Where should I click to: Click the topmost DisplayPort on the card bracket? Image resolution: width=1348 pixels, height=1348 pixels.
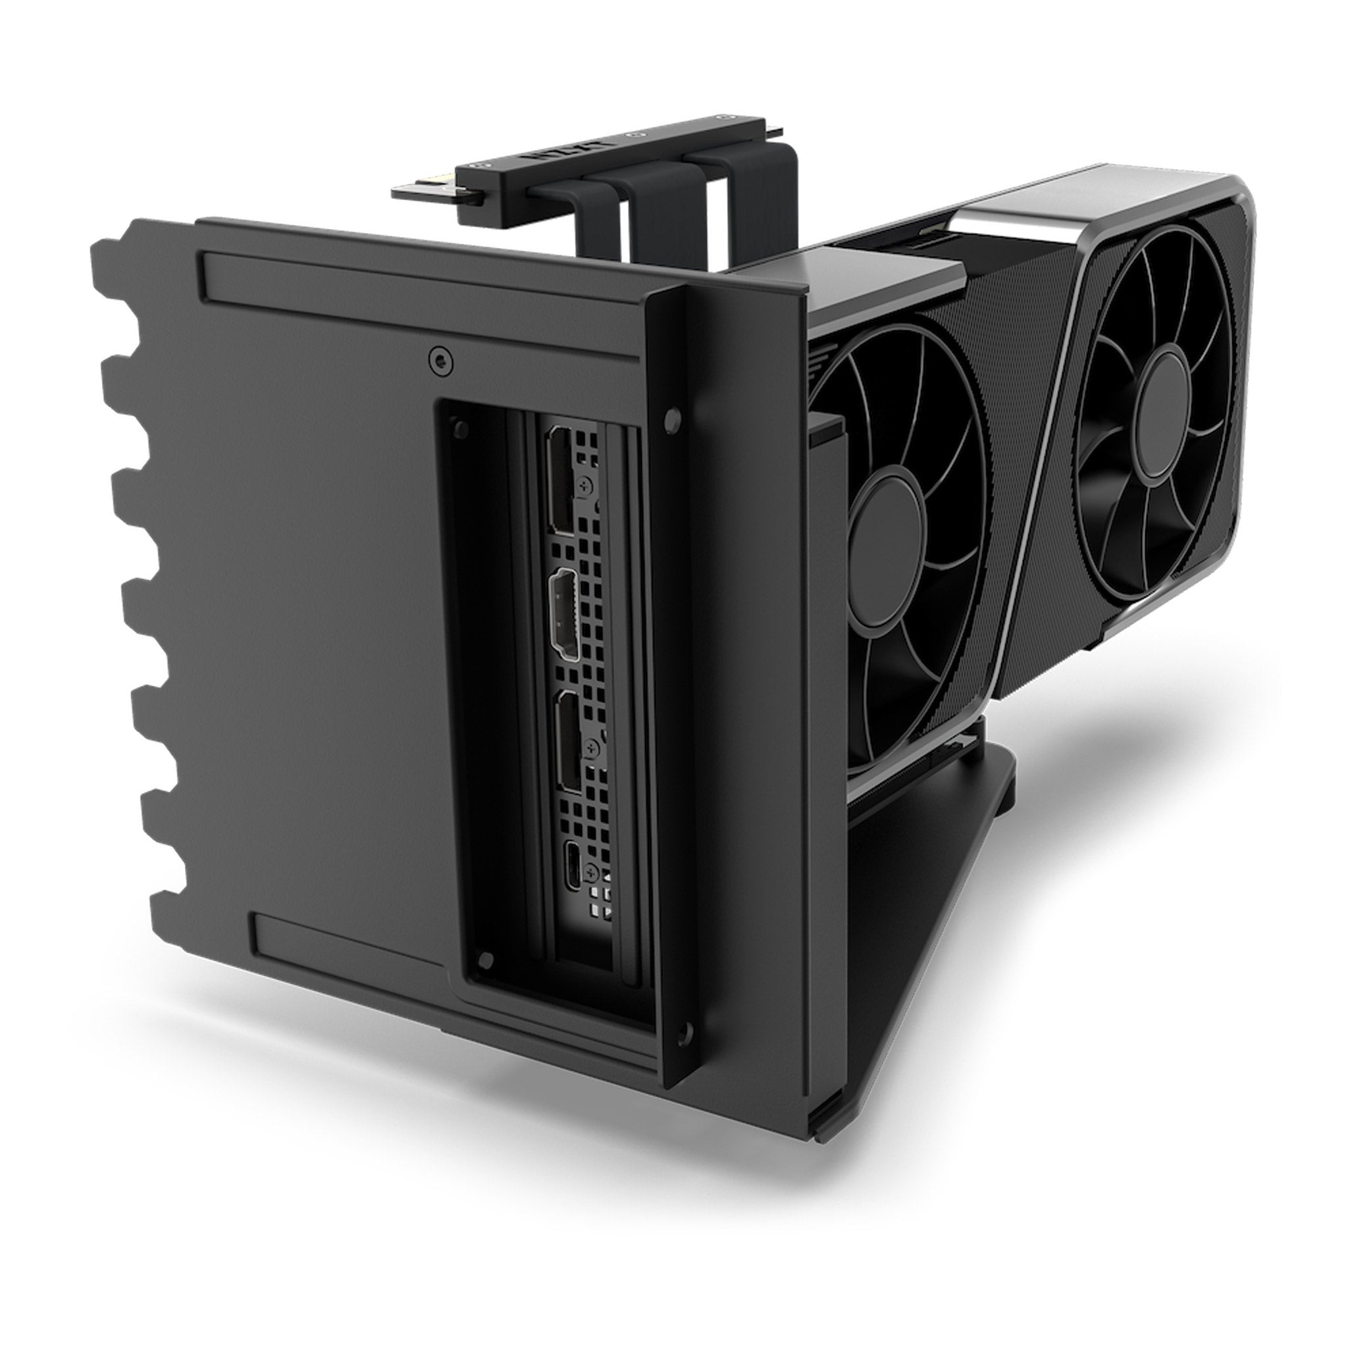coord(560,481)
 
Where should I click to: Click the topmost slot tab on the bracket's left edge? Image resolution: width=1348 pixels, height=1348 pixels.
coord(105,259)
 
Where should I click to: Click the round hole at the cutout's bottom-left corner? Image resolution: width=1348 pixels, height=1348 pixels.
coord(488,961)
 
